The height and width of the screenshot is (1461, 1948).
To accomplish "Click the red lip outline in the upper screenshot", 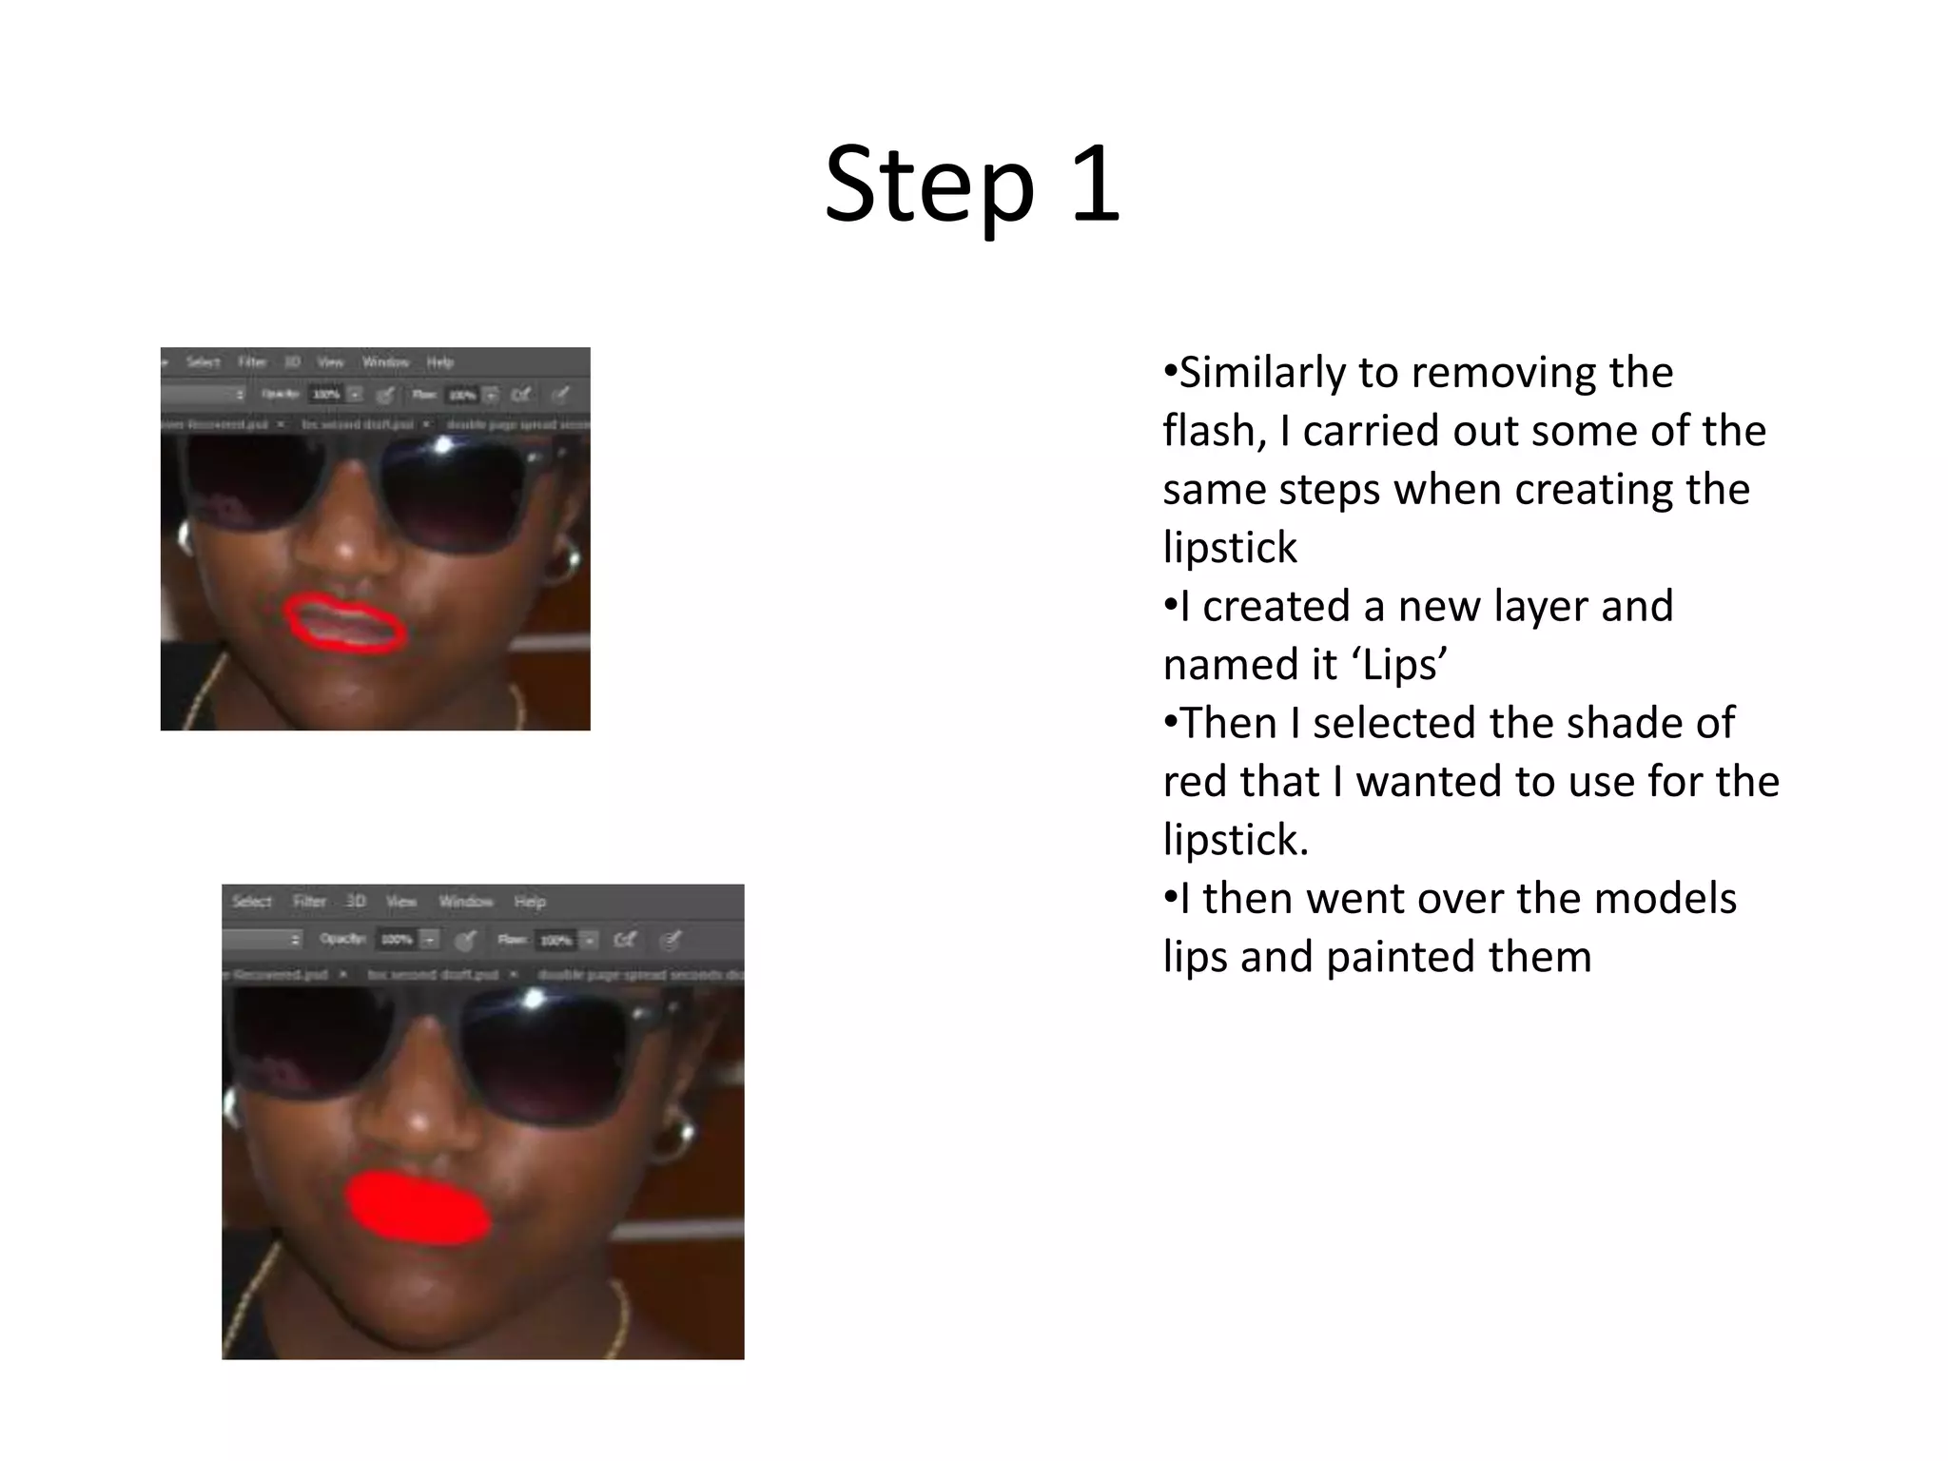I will coord(346,624).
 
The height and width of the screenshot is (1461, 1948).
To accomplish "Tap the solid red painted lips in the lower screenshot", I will coord(419,1208).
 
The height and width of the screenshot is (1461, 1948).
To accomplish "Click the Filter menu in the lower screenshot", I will coord(309,901).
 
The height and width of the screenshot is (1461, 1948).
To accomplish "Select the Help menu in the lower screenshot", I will coord(530,901).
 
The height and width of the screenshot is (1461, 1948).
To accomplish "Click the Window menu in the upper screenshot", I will coord(385,361).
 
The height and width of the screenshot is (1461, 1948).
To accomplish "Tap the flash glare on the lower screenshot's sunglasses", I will coord(534,999).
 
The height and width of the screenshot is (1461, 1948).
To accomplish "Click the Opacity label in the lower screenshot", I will coord(341,939).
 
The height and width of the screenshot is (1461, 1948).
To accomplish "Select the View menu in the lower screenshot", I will coord(401,901).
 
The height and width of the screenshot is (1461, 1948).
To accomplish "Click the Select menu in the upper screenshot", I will coord(203,361).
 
